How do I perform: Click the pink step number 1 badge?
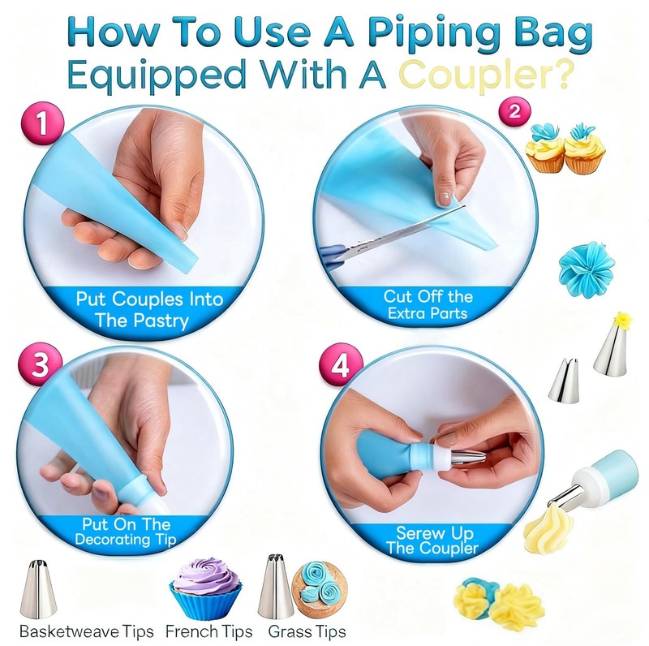(42, 123)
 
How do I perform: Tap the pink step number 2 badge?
(514, 111)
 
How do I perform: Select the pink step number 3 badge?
(41, 364)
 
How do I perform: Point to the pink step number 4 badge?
(341, 365)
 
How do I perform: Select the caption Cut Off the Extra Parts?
(428, 305)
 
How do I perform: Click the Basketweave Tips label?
(87, 632)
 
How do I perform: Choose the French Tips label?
(209, 632)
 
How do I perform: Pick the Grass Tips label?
(307, 632)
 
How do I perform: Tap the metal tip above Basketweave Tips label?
(38, 590)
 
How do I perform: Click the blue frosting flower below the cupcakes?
(580, 269)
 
